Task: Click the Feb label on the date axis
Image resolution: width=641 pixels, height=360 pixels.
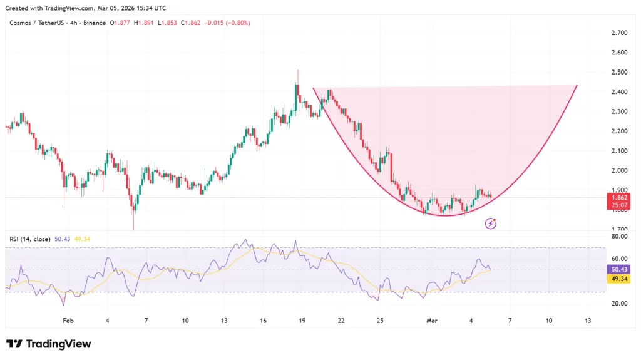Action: coord(68,321)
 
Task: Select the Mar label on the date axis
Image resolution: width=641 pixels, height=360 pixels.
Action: coord(431,321)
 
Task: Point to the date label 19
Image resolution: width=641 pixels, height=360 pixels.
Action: coord(302,321)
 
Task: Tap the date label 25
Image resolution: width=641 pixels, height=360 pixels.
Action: coord(380,321)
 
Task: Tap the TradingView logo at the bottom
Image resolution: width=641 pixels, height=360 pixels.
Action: coord(49,344)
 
